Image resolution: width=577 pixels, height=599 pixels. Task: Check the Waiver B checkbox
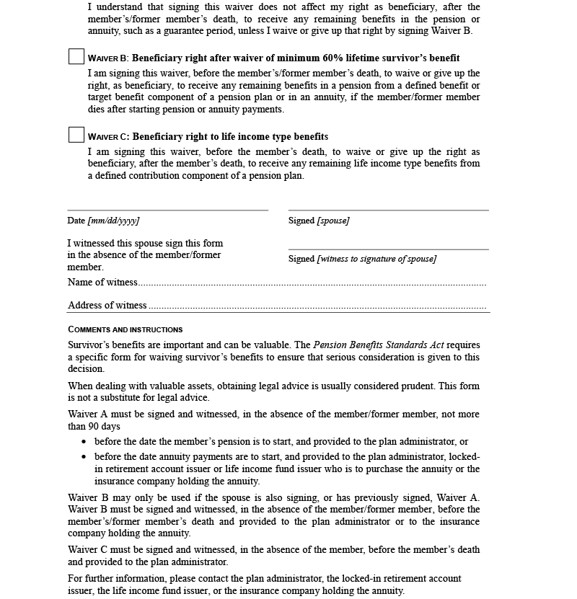point(76,57)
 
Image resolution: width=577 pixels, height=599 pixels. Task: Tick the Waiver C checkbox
point(76,135)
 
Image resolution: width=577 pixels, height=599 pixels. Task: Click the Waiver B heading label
point(107,58)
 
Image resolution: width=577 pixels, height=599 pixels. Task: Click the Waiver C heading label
point(107,137)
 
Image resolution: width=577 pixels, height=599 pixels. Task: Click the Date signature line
point(167,210)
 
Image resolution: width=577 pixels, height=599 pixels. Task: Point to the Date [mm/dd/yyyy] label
point(103,221)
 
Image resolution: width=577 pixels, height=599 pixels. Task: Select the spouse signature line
point(388,210)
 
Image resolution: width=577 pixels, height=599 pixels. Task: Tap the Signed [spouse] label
point(319,221)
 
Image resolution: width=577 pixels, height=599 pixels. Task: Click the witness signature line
point(388,249)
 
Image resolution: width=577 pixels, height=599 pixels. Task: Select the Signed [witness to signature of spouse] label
point(362,259)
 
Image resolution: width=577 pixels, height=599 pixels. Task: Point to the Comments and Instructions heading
point(125,329)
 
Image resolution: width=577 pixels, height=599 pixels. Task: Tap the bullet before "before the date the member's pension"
point(84,442)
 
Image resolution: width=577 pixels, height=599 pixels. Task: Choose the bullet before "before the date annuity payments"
point(84,457)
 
